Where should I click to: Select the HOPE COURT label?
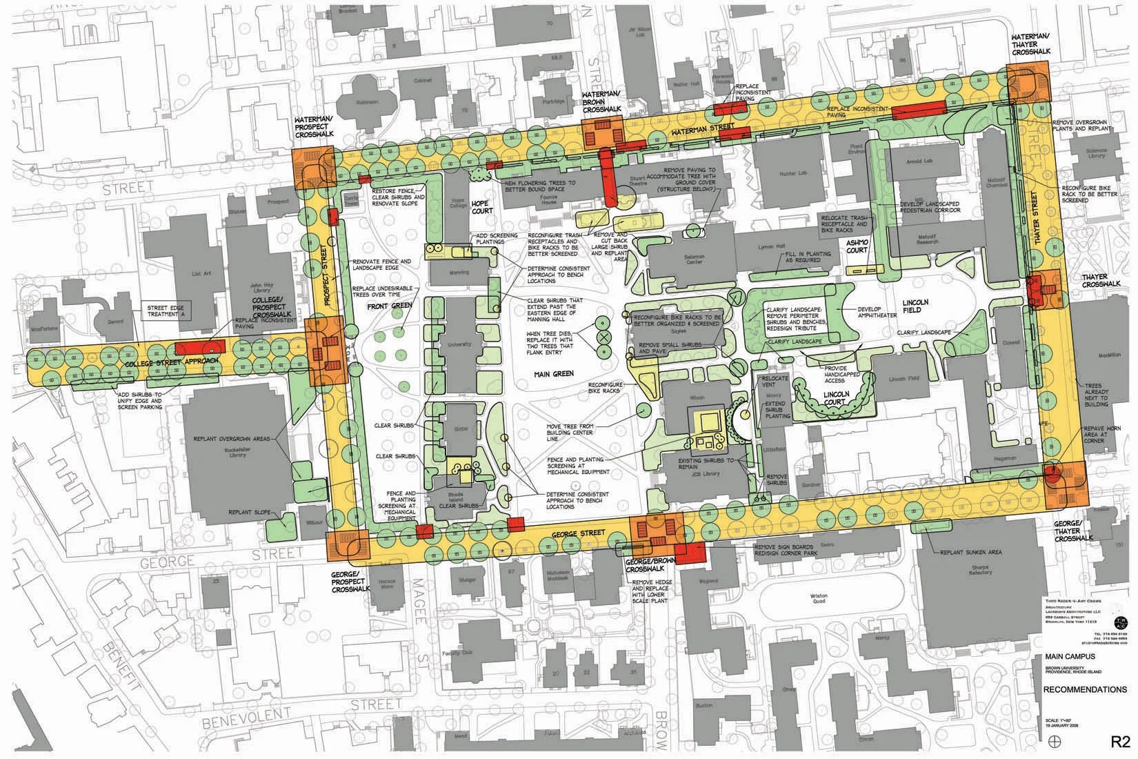(479, 208)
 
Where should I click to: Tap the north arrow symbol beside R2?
(1052, 740)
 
